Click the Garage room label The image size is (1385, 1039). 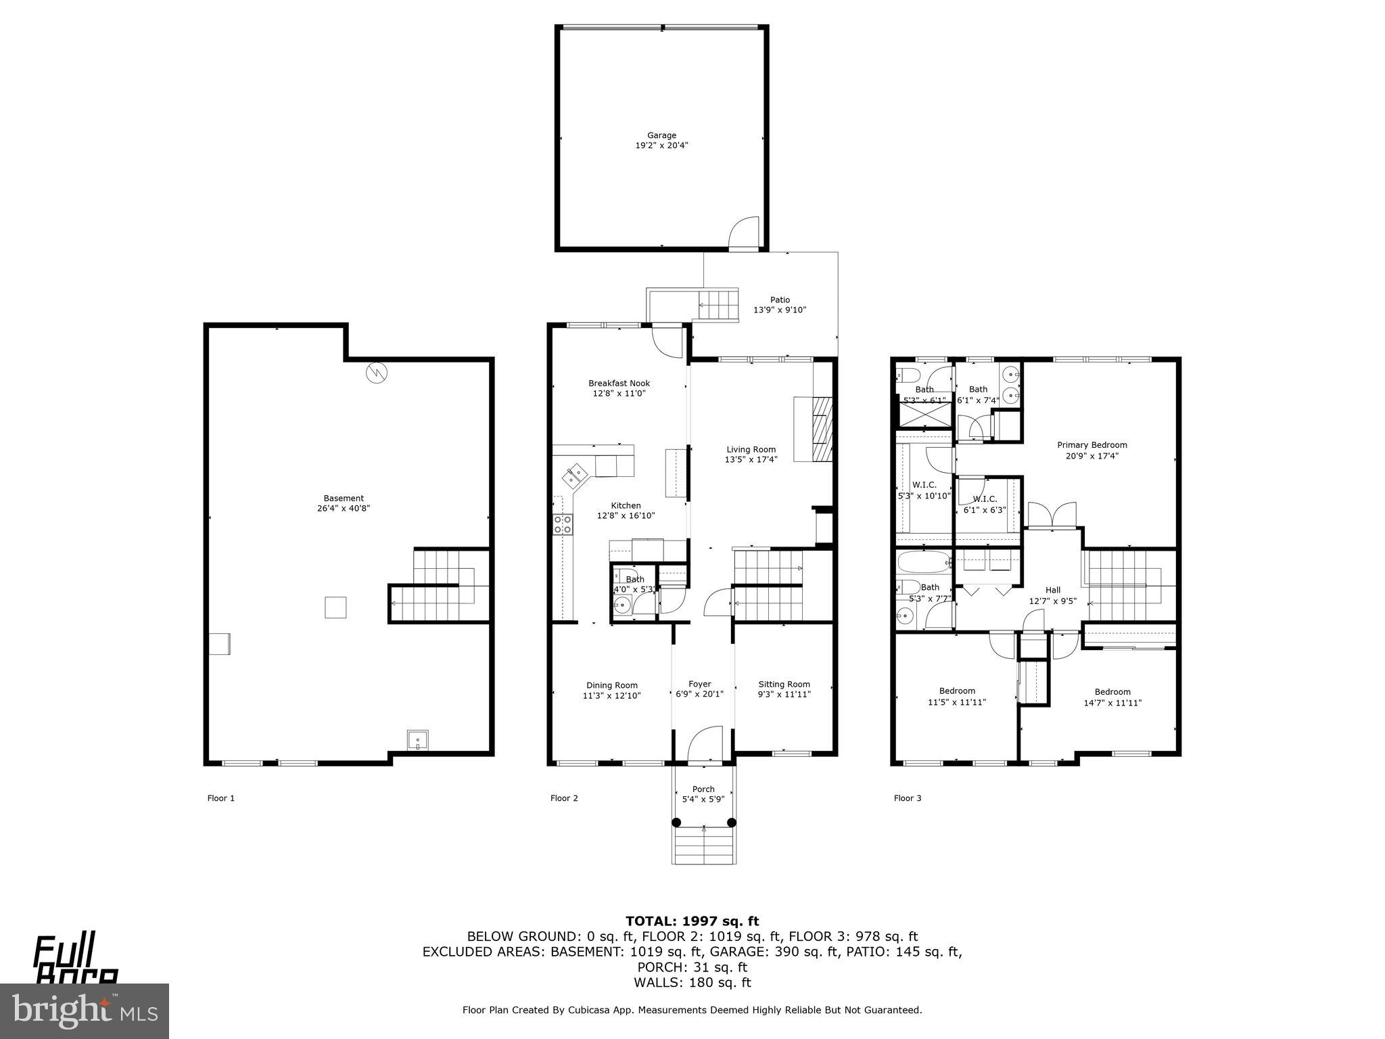coord(661,135)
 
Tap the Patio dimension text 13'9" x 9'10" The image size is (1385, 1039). coord(780,310)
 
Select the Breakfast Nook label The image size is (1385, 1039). coord(619,384)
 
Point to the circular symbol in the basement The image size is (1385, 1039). coord(376,373)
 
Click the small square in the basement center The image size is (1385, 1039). coord(336,607)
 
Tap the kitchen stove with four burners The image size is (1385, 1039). coord(563,524)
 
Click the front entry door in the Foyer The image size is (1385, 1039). coord(705,743)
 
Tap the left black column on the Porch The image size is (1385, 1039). coord(676,823)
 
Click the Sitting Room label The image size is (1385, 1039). coord(784,684)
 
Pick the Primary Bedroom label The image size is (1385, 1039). coord(1091,445)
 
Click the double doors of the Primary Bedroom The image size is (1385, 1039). coord(1052,515)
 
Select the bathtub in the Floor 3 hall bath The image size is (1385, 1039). coord(924,561)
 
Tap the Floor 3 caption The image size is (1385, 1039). coord(907,798)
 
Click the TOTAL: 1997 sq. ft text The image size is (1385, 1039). coord(692,921)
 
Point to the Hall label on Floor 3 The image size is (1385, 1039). coord(1052,590)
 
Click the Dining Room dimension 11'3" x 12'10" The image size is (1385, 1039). coord(611,695)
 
